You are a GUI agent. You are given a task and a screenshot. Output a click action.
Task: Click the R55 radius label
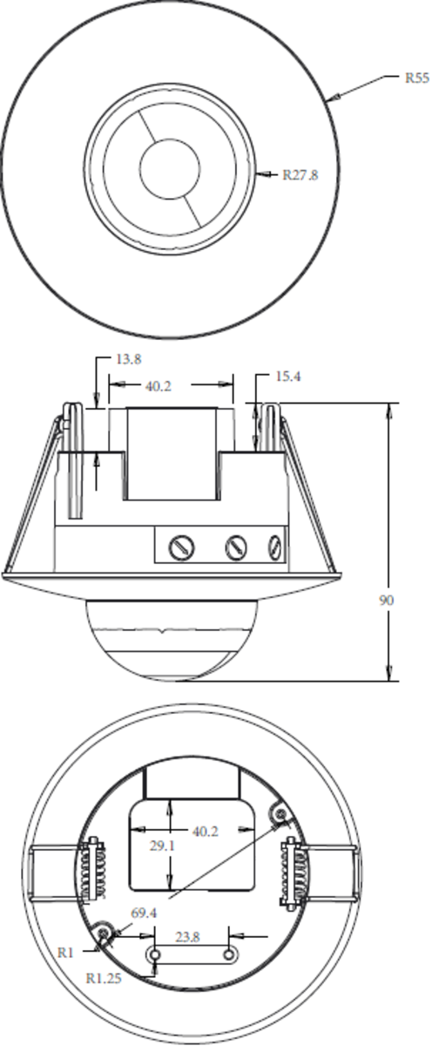416,78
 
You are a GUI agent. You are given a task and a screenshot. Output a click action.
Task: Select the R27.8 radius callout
300,174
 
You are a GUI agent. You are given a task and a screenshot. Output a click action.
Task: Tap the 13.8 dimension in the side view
129,360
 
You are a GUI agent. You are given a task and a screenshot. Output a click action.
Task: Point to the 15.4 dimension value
288,377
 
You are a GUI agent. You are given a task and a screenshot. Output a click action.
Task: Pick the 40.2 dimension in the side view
157,384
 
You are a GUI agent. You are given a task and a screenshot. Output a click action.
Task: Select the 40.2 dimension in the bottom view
205,832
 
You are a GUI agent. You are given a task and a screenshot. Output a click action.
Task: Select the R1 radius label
65,953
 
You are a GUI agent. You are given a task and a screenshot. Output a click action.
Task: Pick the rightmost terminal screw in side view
276,547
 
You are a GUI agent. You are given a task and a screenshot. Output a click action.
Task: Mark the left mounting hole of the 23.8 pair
155,956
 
